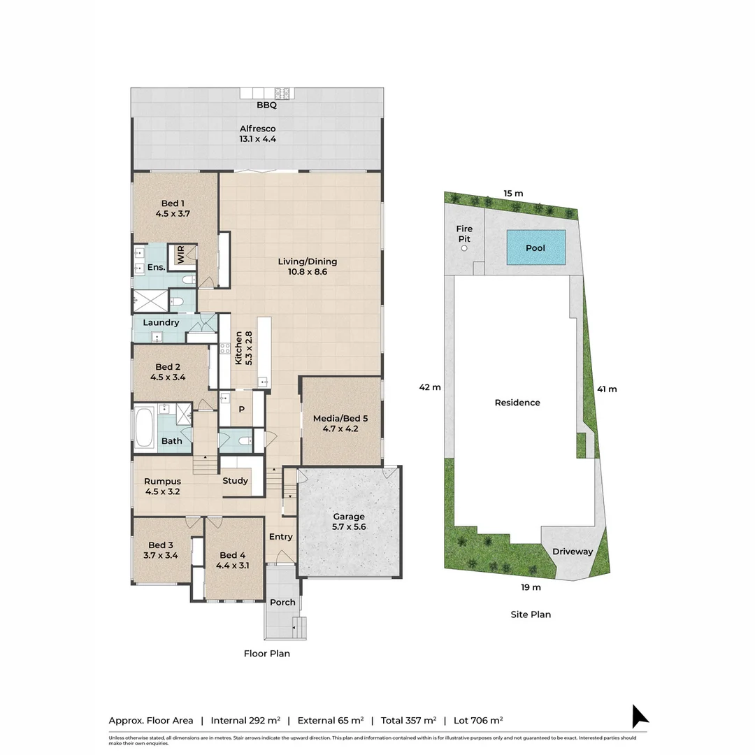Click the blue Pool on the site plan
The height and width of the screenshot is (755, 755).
(x=535, y=247)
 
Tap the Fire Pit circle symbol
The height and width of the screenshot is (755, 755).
(x=463, y=248)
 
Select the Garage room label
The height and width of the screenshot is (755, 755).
(x=348, y=517)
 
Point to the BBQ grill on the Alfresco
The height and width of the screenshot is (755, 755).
(x=282, y=93)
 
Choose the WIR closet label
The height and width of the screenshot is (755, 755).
(x=180, y=255)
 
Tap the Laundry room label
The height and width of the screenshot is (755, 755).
(x=161, y=322)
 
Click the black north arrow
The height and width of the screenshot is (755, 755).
(x=640, y=717)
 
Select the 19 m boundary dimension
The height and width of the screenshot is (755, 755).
(x=531, y=587)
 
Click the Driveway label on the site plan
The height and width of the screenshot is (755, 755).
(x=572, y=552)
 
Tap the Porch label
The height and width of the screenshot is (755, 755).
(x=282, y=602)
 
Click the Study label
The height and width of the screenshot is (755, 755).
(x=235, y=480)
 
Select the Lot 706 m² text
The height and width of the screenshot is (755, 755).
(x=477, y=720)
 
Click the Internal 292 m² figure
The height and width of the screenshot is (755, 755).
(x=245, y=720)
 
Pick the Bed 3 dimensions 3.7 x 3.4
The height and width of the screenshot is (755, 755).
(x=161, y=556)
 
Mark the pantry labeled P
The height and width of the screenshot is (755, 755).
(x=241, y=410)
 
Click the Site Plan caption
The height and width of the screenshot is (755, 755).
(x=530, y=614)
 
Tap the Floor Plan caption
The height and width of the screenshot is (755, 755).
(x=266, y=654)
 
